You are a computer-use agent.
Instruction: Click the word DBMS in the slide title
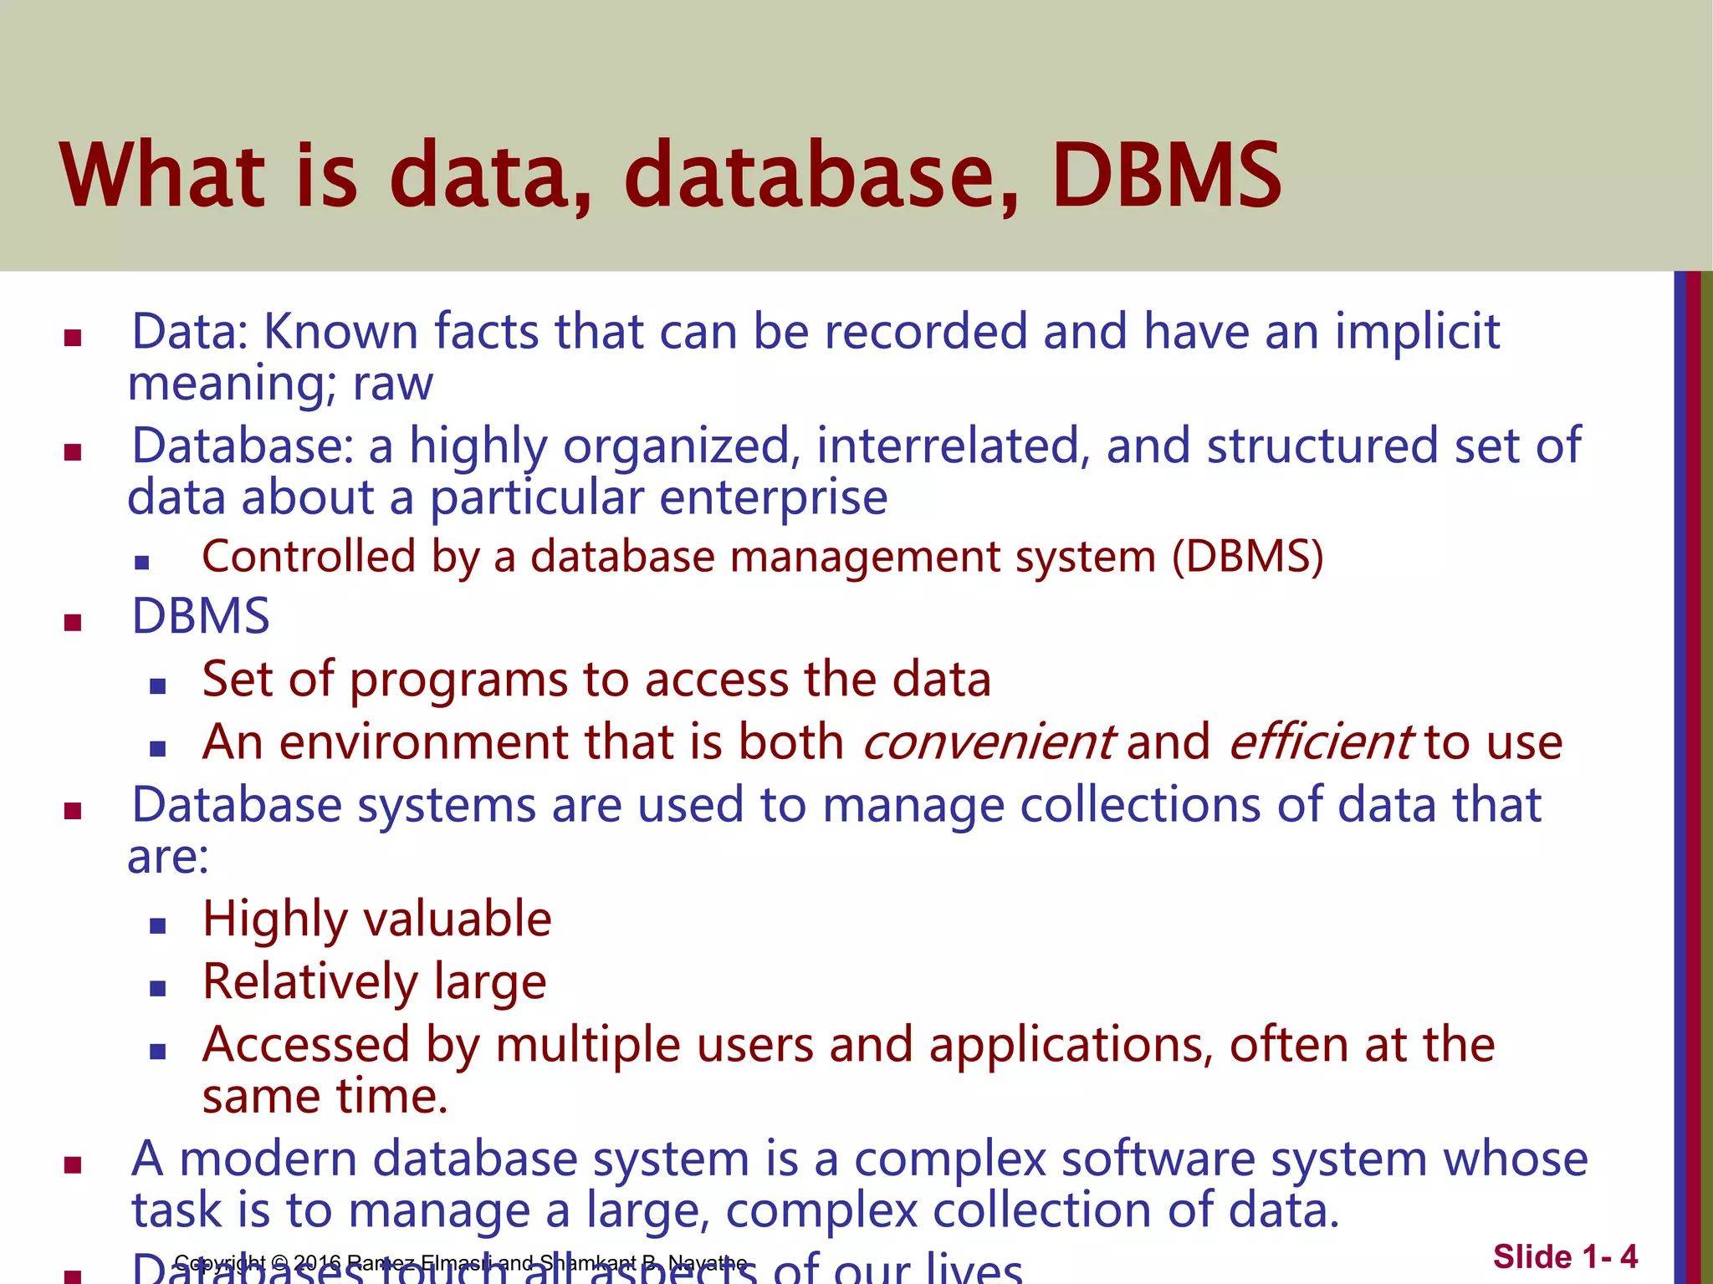click(1166, 176)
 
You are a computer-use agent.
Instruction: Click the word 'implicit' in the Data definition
click(1417, 332)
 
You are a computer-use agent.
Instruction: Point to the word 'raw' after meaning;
click(393, 385)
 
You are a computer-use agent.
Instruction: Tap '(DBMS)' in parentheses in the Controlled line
click(1247, 557)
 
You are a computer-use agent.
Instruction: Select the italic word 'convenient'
click(987, 742)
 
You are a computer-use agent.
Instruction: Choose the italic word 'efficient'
click(1321, 742)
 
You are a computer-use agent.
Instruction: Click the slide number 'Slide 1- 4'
click(1565, 1257)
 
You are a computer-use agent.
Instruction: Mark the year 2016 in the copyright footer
click(317, 1262)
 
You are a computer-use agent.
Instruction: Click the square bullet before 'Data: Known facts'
click(73, 338)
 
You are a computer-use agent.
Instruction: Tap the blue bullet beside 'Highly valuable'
click(158, 925)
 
